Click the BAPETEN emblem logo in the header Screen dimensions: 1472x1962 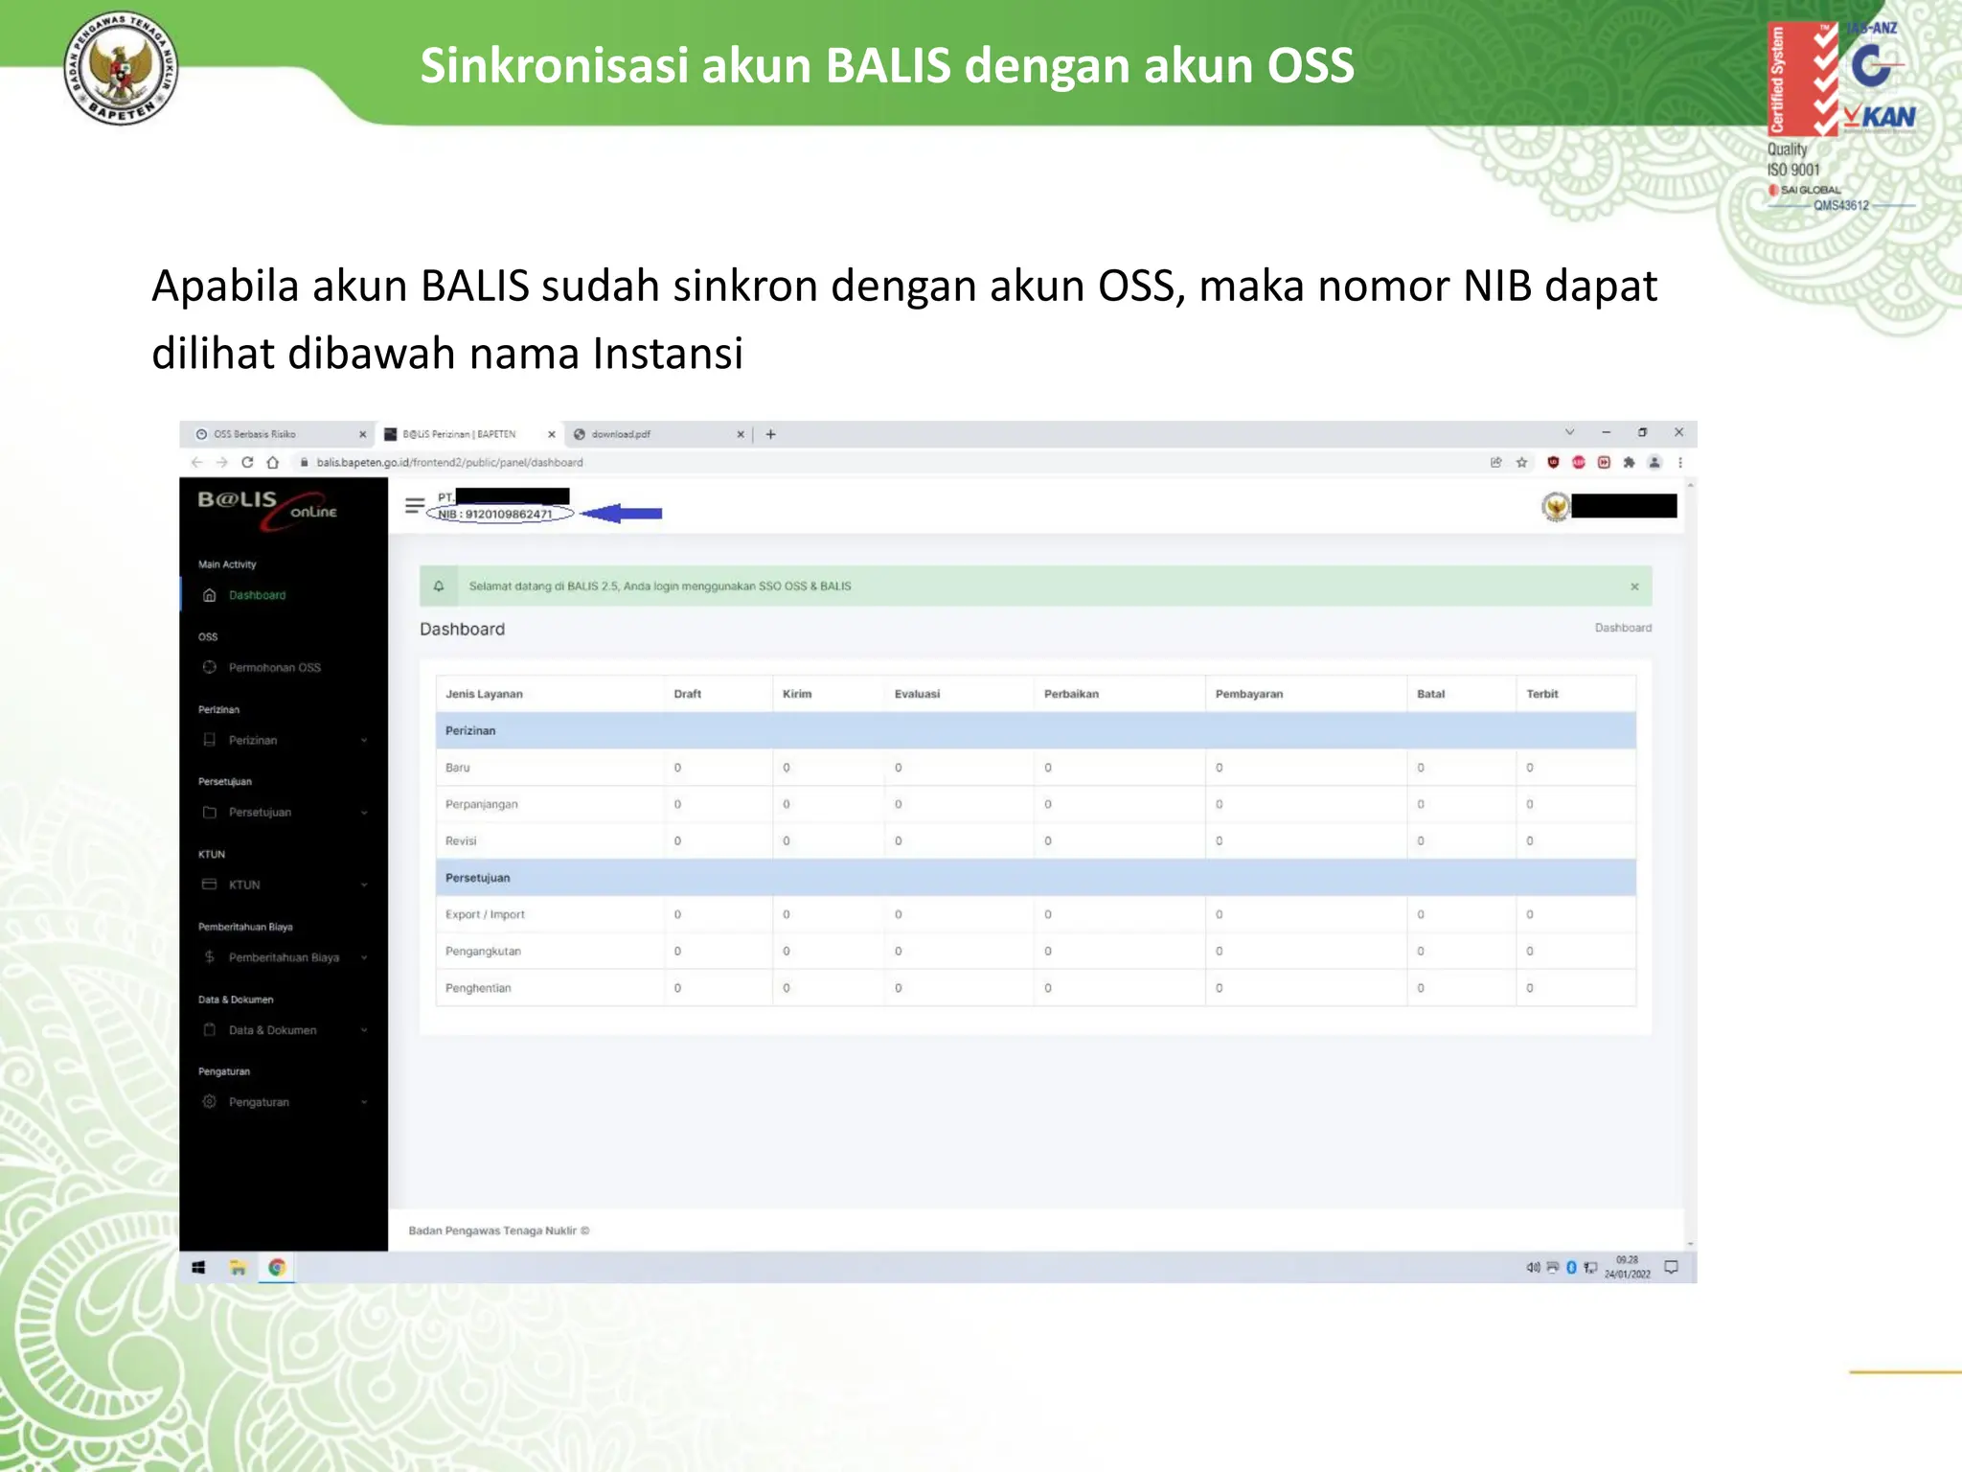121,68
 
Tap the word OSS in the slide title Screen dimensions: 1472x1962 1311,66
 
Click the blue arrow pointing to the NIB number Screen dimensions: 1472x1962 623,514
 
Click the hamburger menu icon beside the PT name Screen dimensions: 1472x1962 414,505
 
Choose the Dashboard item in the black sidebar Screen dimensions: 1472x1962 257,595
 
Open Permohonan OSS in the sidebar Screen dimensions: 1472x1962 274,668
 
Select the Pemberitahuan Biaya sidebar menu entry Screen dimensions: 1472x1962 284,957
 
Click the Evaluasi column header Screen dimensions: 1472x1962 917,694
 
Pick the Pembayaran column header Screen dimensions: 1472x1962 1248,694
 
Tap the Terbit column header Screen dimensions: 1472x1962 1541,694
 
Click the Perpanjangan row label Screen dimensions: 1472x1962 481,804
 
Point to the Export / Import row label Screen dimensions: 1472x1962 485,914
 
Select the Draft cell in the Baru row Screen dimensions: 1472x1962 677,768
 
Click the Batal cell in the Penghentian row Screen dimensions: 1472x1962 1421,988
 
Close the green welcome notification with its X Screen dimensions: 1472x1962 1634,586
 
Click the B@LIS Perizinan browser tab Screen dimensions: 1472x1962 460,434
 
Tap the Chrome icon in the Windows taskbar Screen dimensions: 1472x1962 277,1268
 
